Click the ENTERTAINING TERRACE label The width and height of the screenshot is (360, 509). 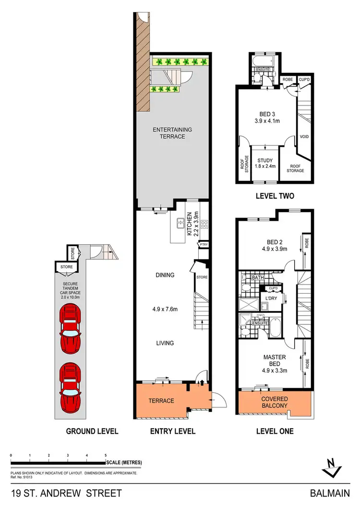(x=172, y=133)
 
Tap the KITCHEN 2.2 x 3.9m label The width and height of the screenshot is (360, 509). (x=192, y=224)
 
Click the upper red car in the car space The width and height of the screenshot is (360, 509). (x=71, y=328)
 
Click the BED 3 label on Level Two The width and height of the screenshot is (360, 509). (x=264, y=118)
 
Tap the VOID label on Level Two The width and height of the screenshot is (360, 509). (x=304, y=137)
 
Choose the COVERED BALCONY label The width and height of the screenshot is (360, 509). (x=274, y=402)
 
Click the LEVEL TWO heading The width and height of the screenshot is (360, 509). (x=274, y=196)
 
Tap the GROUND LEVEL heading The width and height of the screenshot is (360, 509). (x=92, y=431)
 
